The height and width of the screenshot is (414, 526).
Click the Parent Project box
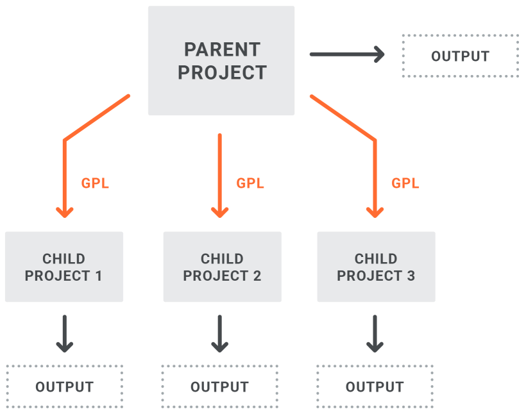(x=221, y=61)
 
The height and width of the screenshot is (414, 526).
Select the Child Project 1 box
(x=64, y=267)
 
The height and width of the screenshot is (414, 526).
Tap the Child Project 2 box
(x=223, y=267)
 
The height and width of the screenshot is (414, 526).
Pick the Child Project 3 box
(x=377, y=267)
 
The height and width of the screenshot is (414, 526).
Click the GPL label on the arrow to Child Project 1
(x=96, y=183)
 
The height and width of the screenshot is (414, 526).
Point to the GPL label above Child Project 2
(x=250, y=183)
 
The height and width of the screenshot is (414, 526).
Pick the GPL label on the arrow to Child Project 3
(x=405, y=183)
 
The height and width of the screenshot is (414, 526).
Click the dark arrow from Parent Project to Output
(x=347, y=54)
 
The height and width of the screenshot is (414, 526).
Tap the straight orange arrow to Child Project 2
(x=220, y=176)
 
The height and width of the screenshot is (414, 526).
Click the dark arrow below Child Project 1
(x=65, y=333)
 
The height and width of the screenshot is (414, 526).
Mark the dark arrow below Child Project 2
(x=220, y=333)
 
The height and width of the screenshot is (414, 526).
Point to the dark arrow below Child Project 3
(x=375, y=333)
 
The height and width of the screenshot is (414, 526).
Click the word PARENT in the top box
(x=222, y=49)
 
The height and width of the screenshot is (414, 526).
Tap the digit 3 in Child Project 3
(x=411, y=276)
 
